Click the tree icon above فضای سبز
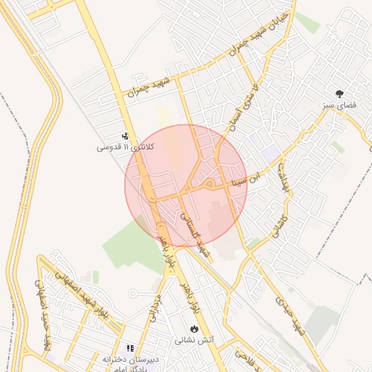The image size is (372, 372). coord(339,93)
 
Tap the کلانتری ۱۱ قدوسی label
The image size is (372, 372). coord(115,147)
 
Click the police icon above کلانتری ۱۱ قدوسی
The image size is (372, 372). coord(125,135)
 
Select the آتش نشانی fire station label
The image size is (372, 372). coord(194,340)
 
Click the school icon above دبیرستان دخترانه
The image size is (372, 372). coord(132,349)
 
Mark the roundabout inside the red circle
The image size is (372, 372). coord(209,185)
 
